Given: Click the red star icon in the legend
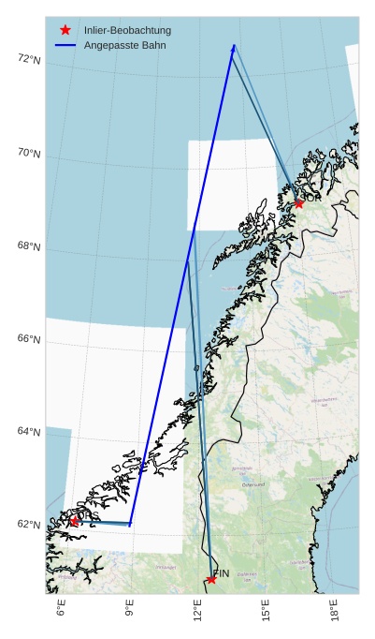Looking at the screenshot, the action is coord(65,30).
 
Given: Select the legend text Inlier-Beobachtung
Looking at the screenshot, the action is coord(120,31).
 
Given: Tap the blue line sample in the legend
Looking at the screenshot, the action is coord(65,45).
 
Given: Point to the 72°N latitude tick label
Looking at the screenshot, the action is coord(29,59).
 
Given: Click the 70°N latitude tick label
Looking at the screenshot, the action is coord(29,153).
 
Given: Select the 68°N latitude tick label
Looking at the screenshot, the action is coord(29,246).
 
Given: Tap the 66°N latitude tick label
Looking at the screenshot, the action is coord(29,339).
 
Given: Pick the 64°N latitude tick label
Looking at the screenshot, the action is coord(29,432).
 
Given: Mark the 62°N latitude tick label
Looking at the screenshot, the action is coord(29,525).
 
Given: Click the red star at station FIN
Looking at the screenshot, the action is coord(211,579).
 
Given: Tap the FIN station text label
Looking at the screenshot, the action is coord(222,573).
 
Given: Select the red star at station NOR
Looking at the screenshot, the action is coord(298,203).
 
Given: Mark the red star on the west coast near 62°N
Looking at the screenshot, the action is coord(74,521).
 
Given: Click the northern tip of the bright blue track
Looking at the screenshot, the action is coord(234,45).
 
